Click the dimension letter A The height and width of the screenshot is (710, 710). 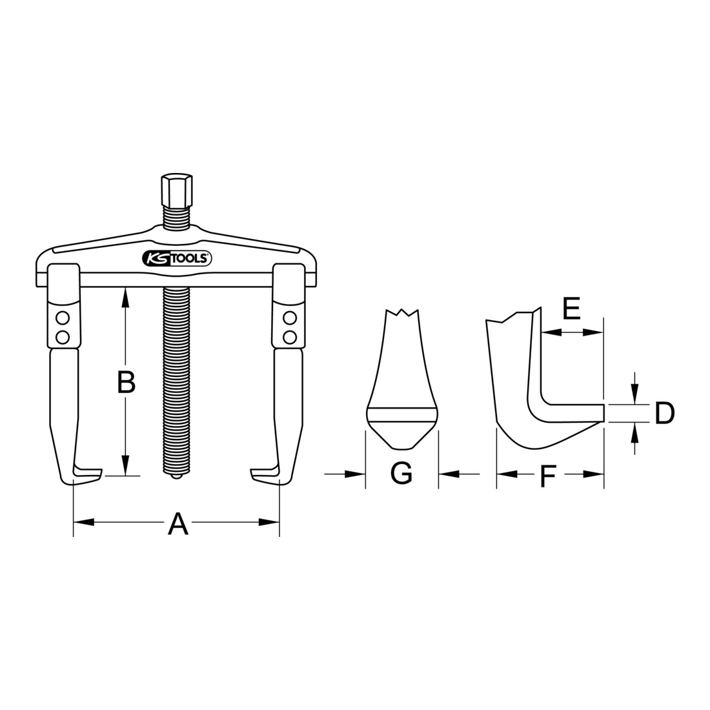pyautogui.click(x=178, y=523)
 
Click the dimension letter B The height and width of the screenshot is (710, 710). pyautogui.click(x=127, y=383)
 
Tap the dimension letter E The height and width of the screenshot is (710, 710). pyautogui.click(x=571, y=309)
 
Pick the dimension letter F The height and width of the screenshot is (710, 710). pyautogui.click(x=549, y=476)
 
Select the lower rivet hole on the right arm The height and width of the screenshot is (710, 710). pyautogui.click(x=289, y=337)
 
